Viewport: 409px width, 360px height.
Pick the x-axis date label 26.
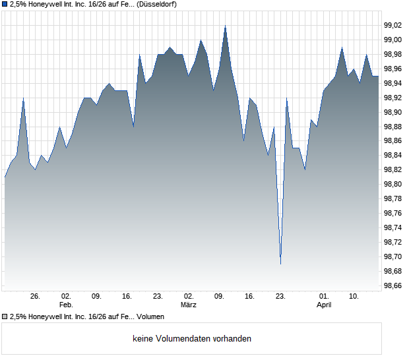click(x=36, y=297)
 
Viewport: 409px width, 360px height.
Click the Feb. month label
click(x=65, y=305)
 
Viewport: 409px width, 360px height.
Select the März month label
click(x=189, y=305)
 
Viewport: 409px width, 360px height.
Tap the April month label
click(x=324, y=305)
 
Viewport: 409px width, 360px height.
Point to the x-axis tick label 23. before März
click(x=158, y=297)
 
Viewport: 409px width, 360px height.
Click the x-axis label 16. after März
click(x=249, y=297)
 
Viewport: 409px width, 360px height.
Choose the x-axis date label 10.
click(x=354, y=297)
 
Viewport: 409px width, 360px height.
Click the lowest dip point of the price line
click(x=280, y=264)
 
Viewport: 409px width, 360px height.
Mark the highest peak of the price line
click(x=225, y=26)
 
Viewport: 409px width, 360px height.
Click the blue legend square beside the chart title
click(x=5, y=5)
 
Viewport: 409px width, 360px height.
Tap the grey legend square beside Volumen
click(x=5, y=317)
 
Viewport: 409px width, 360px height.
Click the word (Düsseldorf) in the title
click(x=158, y=5)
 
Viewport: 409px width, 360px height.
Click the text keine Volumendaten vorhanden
click(x=192, y=339)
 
